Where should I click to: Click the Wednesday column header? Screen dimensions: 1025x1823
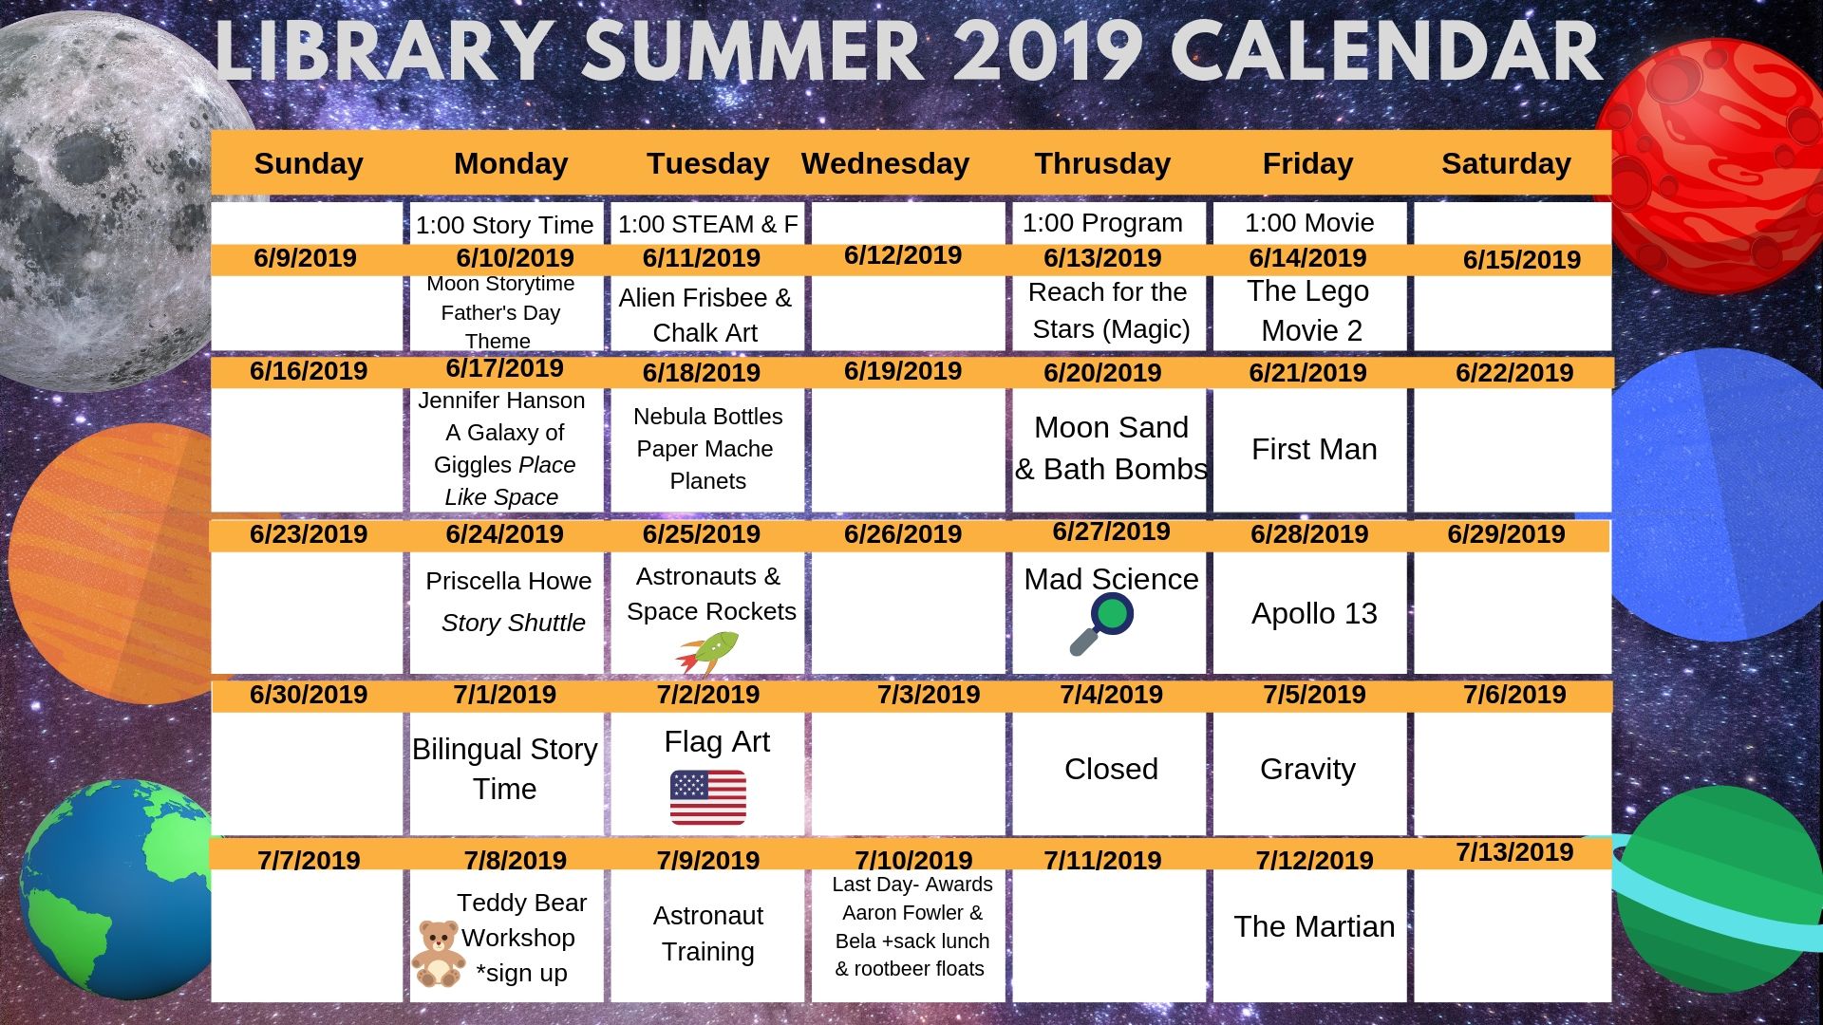[885, 163]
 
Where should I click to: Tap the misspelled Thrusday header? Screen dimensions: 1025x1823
[1102, 163]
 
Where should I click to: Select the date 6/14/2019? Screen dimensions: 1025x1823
[1307, 257]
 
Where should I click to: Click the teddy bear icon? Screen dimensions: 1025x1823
[438, 953]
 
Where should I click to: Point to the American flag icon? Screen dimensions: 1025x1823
[707, 797]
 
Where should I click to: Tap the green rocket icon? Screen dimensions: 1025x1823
[707, 652]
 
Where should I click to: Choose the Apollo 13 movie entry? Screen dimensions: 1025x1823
[1314, 613]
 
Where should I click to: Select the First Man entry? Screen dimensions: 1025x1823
[1314, 449]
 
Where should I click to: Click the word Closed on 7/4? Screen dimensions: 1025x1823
[1111, 769]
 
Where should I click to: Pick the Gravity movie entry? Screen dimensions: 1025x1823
[1307, 769]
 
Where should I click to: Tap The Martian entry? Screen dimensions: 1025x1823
[1314, 926]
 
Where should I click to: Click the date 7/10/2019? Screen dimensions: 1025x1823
[913, 860]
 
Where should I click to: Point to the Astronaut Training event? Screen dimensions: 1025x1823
[707, 933]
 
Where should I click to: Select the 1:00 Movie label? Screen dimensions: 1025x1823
[1309, 223]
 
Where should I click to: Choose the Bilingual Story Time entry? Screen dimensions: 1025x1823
[504, 769]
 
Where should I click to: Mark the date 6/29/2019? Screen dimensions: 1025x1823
[1506, 533]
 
